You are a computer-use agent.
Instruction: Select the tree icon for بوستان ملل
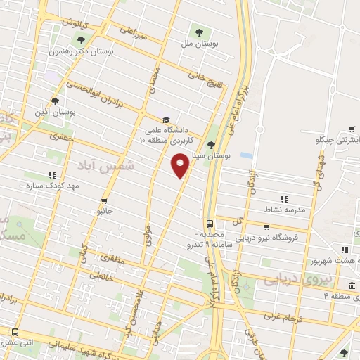pyautogui.click(x=198, y=32)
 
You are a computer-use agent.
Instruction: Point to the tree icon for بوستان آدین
pyautogui.click(x=55, y=101)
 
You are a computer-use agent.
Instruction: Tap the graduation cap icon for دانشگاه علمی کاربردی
pyautogui.click(x=165, y=120)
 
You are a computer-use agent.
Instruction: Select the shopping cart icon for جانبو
pyautogui.click(x=104, y=200)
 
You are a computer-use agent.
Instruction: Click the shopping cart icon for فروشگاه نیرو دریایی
pyautogui.click(x=266, y=227)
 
